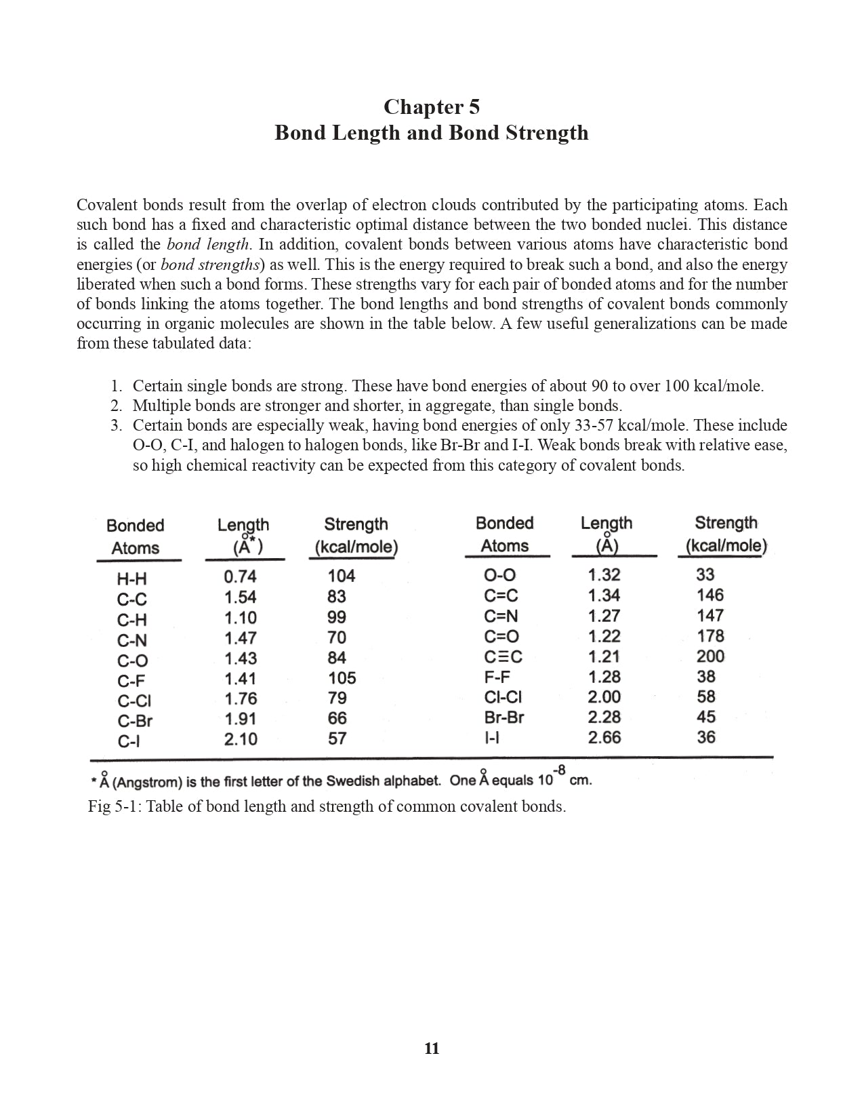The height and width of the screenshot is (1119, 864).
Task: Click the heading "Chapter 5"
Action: (x=431, y=107)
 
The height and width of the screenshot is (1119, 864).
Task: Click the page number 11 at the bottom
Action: (x=432, y=1048)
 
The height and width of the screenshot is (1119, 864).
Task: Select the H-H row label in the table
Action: (x=131, y=579)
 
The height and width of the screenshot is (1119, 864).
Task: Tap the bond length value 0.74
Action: (x=240, y=576)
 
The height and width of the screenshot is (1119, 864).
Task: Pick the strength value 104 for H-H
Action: (x=341, y=576)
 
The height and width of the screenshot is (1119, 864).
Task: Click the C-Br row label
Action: (x=134, y=721)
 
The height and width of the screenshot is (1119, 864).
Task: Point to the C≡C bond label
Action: (x=503, y=656)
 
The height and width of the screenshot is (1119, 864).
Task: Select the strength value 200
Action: (x=709, y=656)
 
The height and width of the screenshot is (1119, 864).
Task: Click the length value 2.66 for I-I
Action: (x=604, y=737)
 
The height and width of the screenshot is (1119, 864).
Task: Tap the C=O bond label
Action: (x=501, y=636)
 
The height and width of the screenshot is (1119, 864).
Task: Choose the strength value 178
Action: (x=709, y=635)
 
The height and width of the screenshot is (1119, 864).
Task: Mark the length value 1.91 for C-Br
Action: (x=241, y=719)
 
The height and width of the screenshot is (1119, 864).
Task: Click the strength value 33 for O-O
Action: (x=705, y=574)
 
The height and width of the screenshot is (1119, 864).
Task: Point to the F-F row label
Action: (x=497, y=677)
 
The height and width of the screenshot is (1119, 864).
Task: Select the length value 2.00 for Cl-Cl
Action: (x=604, y=696)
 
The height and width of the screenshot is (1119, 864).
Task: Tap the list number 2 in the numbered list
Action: (x=117, y=406)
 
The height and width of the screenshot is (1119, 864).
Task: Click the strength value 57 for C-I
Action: (x=337, y=739)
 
